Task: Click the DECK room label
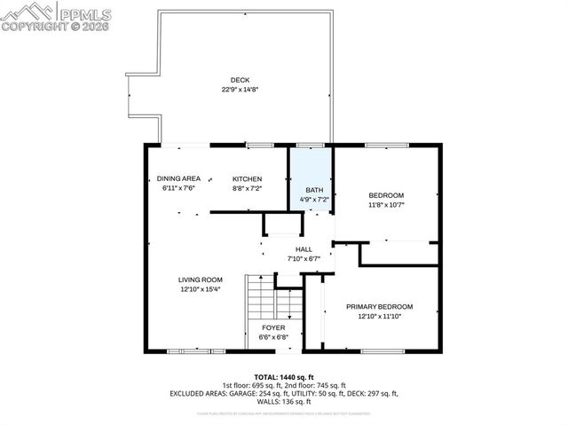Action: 240,80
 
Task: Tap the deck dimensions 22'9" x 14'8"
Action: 240,90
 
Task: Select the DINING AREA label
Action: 178,178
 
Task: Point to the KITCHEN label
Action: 248,178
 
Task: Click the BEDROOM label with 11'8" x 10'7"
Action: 386,195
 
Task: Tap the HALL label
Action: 304,249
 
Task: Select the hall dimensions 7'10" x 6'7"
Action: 304,259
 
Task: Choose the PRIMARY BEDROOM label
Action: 386,307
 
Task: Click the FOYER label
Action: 272,327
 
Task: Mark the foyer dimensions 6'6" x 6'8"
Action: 272,337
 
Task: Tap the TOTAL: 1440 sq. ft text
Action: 283,377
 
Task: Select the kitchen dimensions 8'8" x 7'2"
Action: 248,188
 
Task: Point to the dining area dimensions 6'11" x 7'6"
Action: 178,188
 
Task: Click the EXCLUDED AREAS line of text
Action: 283,393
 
